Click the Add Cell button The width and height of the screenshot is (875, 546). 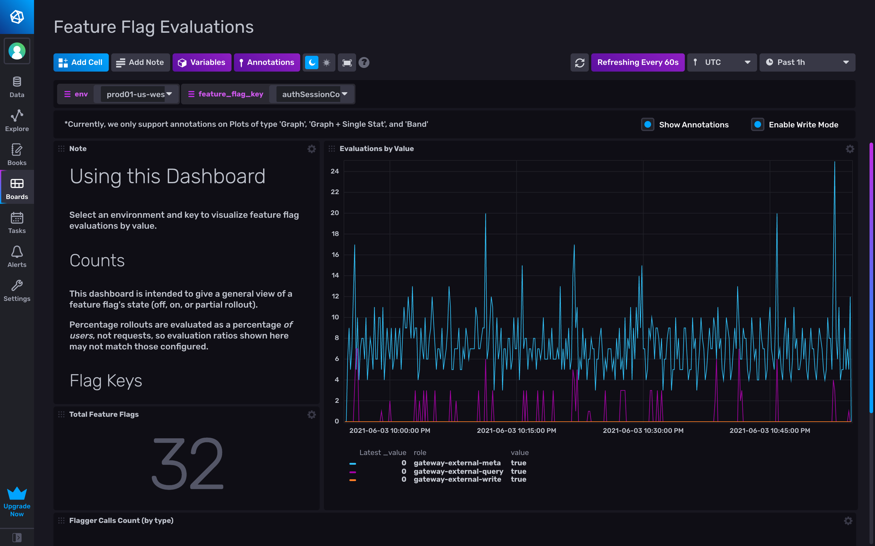pos(81,62)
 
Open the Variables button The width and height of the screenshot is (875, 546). pos(202,62)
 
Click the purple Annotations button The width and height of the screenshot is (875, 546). pos(267,62)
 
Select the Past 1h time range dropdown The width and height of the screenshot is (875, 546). pos(807,62)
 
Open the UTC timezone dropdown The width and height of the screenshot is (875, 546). pos(721,62)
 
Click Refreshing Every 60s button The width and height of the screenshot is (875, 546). pos(637,62)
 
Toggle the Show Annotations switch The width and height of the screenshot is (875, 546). pos(647,125)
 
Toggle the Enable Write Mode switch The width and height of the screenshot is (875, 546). pos(757,125)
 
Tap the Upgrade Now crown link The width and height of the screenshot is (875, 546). pos(17,502)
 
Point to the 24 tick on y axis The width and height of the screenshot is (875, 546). pos(335,171)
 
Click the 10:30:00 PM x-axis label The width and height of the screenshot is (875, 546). pos(643,430)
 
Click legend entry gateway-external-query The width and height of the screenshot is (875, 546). pos(458,471)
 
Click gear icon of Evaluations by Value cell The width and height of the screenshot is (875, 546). pos(850,149)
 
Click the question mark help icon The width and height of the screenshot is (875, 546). pos(364,62)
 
